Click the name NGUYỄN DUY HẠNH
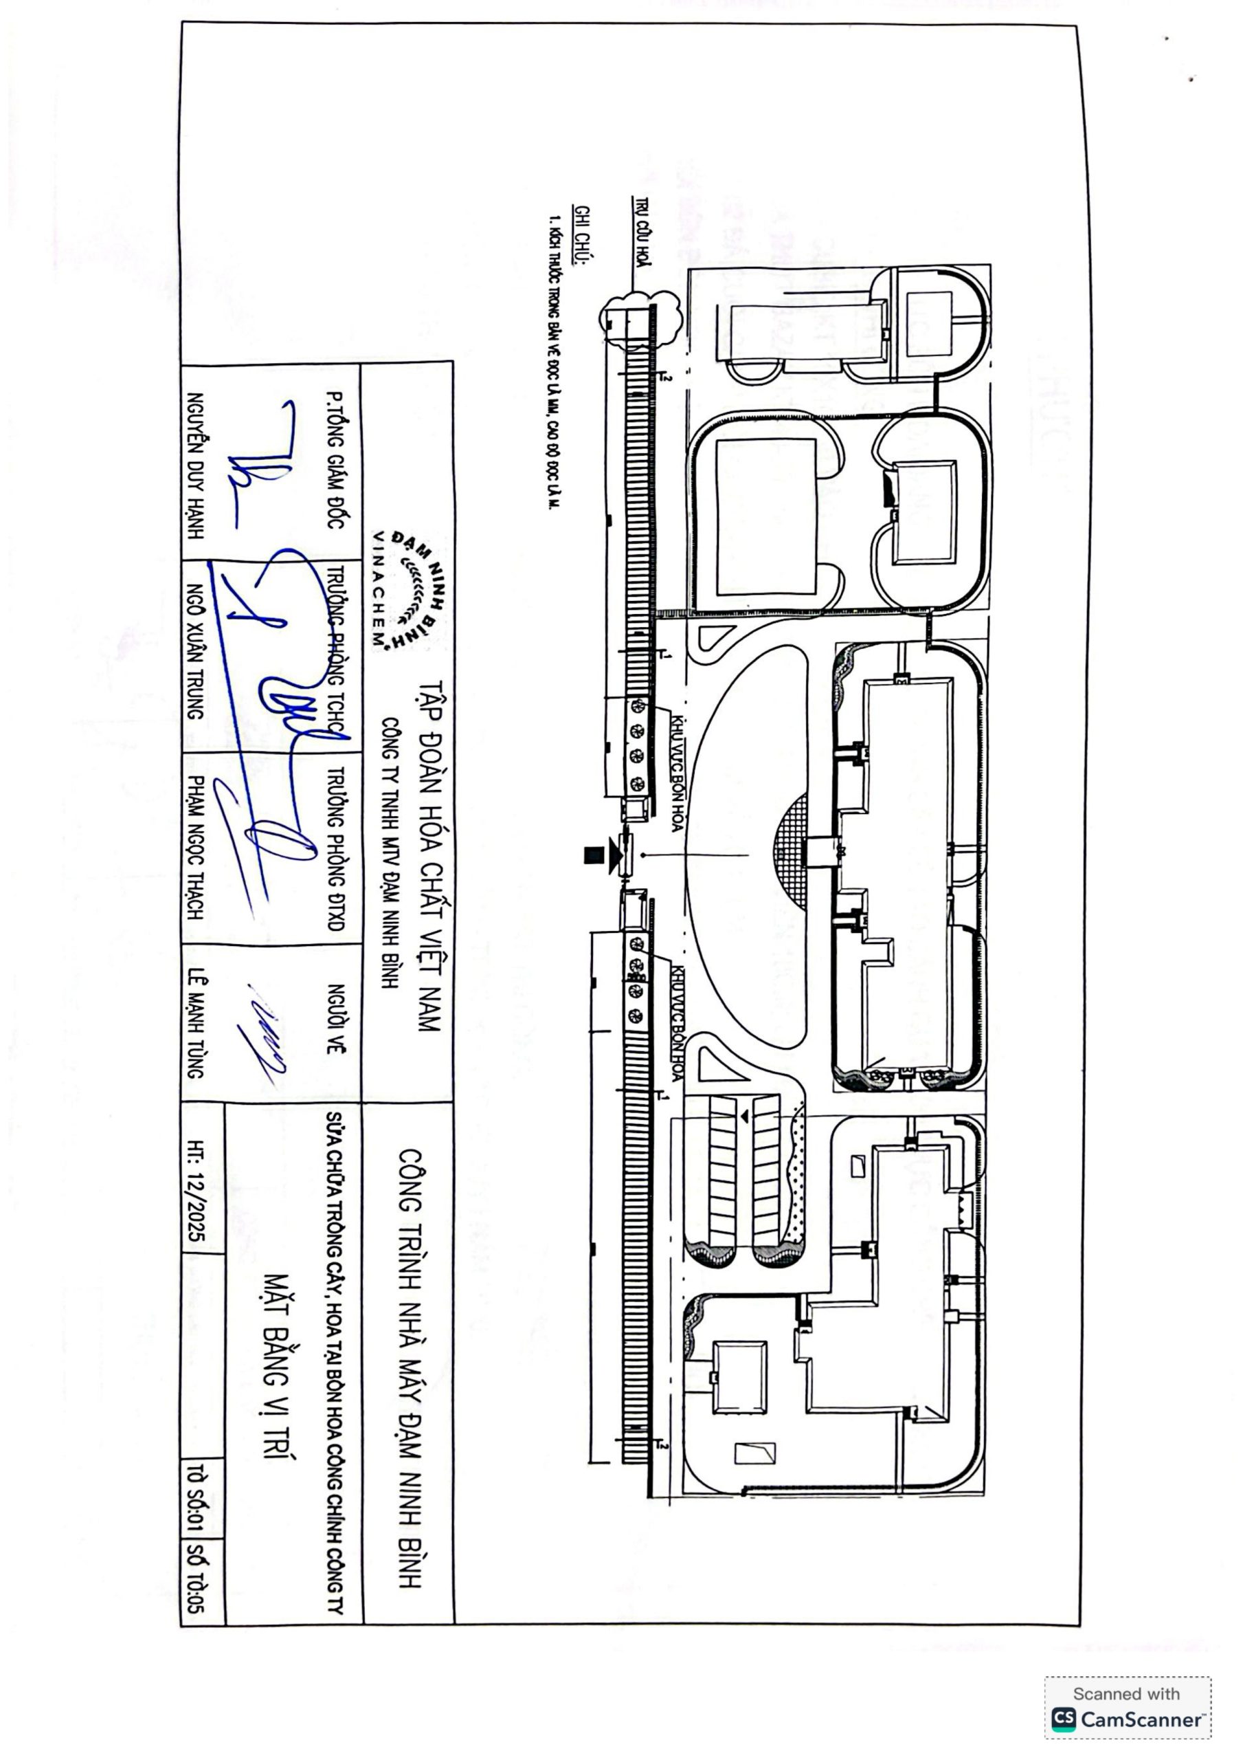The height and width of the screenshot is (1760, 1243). pyautogui.click(x=197, y=465)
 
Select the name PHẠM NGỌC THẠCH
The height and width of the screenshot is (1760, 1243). pyautogui.click(x=197, y=847)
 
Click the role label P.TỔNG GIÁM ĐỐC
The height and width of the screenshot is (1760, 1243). pyautogui.click(x=333, y=459)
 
